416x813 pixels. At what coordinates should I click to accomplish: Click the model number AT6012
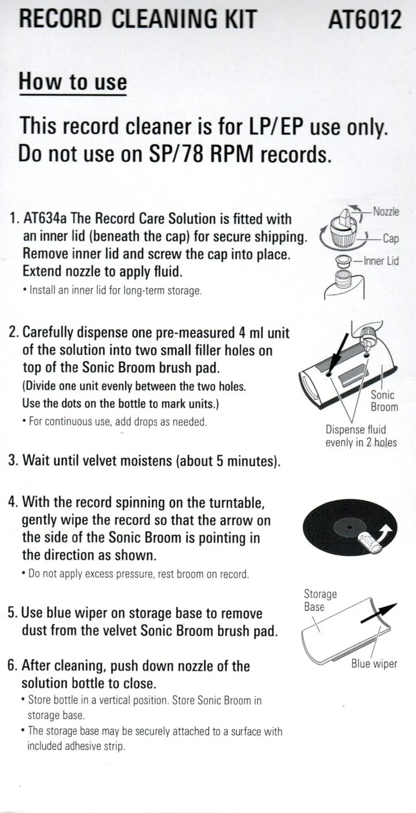pos(364,19)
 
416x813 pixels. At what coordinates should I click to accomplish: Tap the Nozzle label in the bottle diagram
pos(386,211)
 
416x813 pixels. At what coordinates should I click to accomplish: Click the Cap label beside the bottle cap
pos(391,238)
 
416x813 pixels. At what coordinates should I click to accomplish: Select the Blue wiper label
pos(374,664)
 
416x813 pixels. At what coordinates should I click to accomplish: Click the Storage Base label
pos(320,600)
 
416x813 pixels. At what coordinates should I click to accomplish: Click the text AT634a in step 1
pos(45,219)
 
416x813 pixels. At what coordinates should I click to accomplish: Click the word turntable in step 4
pos(237,503)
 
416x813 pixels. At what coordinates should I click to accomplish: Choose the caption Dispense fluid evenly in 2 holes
pos(361,435)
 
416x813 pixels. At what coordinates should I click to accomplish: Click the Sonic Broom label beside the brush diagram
pos(384,401)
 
